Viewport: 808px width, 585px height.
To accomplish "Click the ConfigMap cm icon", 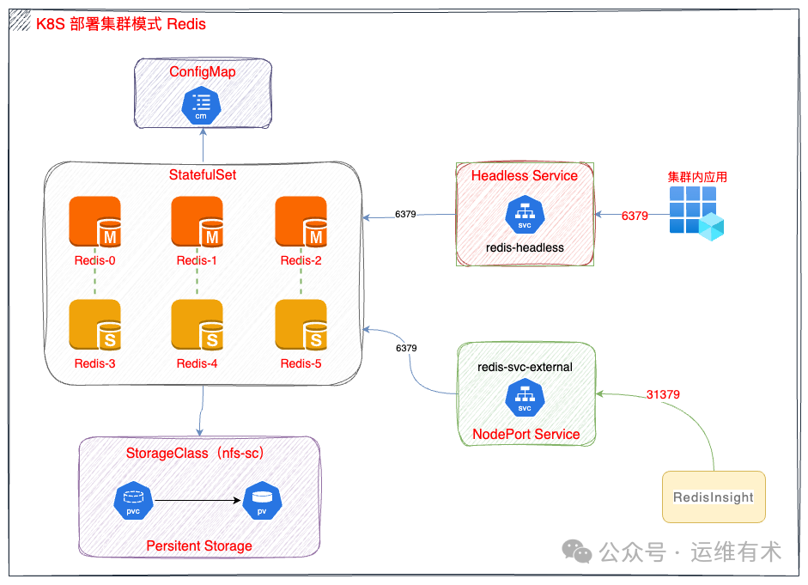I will click(202, 105).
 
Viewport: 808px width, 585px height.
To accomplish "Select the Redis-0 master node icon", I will click(94, 222).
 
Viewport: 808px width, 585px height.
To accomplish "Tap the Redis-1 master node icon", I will click(197, 222).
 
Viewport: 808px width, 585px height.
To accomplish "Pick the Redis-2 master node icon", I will click(301, 222).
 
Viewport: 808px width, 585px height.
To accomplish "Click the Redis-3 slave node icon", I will click(94, 326).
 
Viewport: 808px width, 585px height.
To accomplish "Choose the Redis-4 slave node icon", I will click(197, 326).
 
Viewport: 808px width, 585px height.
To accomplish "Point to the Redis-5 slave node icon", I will click(301, 326).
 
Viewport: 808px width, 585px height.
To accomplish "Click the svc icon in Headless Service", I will click(524, 215).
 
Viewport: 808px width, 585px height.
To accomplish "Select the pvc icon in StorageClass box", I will click(133, 500).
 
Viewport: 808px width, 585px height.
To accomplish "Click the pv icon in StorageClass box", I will click(262, 500).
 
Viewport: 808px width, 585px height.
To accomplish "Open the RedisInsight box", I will click(714, 497).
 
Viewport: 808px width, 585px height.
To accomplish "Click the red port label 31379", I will click(663, 394).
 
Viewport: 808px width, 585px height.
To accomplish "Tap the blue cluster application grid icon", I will click(696, 212).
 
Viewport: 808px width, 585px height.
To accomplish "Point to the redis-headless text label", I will click(524, 247).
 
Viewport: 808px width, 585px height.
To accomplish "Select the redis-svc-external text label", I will click(525, 367).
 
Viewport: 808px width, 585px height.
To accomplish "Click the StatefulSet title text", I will click(202, 174).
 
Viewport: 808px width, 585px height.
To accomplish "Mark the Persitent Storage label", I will click(199, 545).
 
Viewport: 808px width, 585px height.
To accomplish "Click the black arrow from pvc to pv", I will click(197, 499).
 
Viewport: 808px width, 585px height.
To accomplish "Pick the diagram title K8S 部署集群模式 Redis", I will click(120, 24).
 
